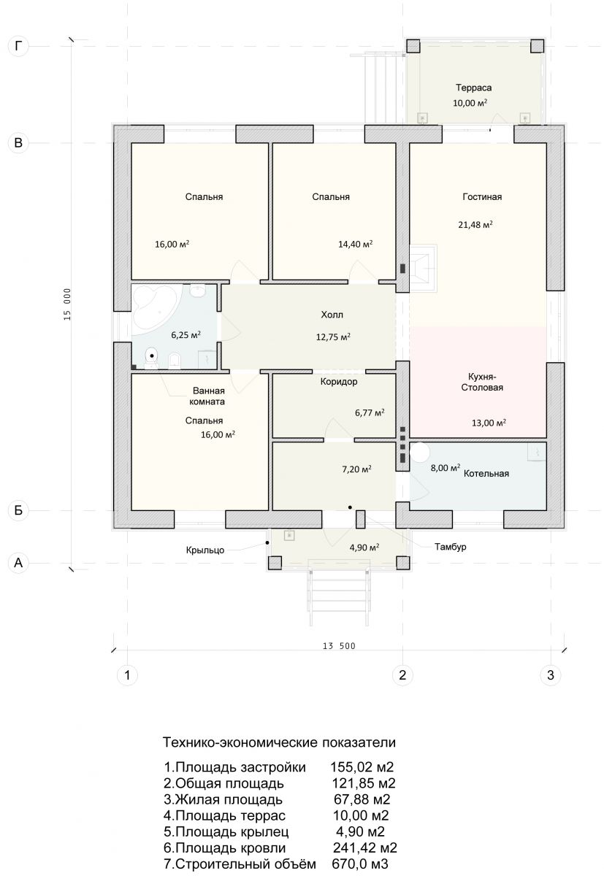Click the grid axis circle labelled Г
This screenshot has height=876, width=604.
pyautogui.click(x=18, y=46)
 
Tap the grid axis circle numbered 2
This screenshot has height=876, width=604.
pyautogui.click(x=402, y=675)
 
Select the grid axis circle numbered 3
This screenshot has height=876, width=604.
pyautogui.click(x=551, y=675)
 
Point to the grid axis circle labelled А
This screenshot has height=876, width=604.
pyautogui.click(x=18, y=562)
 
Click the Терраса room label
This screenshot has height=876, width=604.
pyautogui.click(x=473, y=88)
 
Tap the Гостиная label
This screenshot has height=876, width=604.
pyautogui.click(x=482, y=196)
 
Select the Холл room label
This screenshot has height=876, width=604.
pyautogui.click(x=332, y=315)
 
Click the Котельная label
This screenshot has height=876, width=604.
pyautogui.click(x=486, y=473)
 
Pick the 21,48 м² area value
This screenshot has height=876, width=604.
pyautogui.click(x=475, y=225)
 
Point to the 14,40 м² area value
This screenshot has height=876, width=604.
pyautogui.click(x=355, y=245)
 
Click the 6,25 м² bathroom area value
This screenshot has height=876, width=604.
pyautogui.click(x=186, y=335)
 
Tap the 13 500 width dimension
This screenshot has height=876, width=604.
pyautogui.click(x=339, y=645)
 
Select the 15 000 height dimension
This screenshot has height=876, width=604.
pyautogui.click(x=67, y=304)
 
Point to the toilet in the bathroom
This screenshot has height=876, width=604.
pyautogui.click(x=151, y=358)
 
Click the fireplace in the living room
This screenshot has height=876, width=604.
pyautogui.click(x=423, y=268)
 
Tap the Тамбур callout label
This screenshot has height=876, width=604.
pyautogui.click(x=451, y=546)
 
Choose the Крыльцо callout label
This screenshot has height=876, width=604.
pyautogui.click(x=205, y=550)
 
